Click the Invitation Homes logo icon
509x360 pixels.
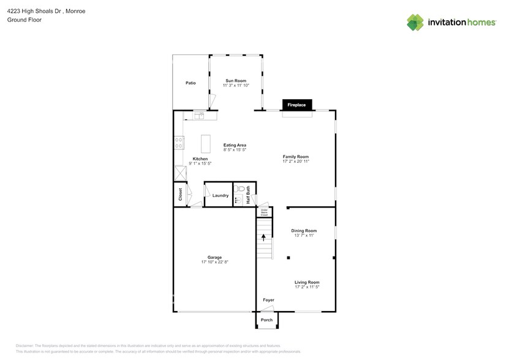pyautogui.click(x=415, y=22)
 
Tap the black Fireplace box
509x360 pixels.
pyautogui.click(x=297, y=105)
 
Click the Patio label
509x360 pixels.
pyautogui.click(x=190, y=83)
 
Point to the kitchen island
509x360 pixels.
pyautogui.click(x=206, y=144)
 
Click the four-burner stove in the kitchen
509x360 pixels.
pyautogui.click(x=179, y=143)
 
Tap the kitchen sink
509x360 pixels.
pyautogui.click(x=200, y=114)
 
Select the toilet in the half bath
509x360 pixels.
pyautogui.click(x=241, y=189)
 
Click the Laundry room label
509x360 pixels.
pyautogui.click(x=221, y=196)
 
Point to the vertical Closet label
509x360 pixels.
pyautogui.click(x=180, y=195)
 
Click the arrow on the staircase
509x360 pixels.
pyautogui.click(x=264, y=236)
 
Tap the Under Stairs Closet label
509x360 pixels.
pyautogui.click(x=264, y=212)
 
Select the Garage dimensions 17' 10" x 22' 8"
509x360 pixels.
pyautogui.click(x=214, y=262)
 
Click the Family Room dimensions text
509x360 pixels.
pyautogui.click(x=295, y=162)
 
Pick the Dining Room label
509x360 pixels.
pyautogui.click(x=303, y=231)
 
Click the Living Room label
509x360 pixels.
pyautogui.click(x=307, y=282)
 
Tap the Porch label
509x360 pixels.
pyautogui.click(x=266, y=320)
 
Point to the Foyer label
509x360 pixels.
pyautogui.click(x=268, y=300)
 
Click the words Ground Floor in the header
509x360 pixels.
pyautogui.click(x=24, y=20)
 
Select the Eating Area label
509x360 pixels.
pyautogui.click(x=235, y=145)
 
